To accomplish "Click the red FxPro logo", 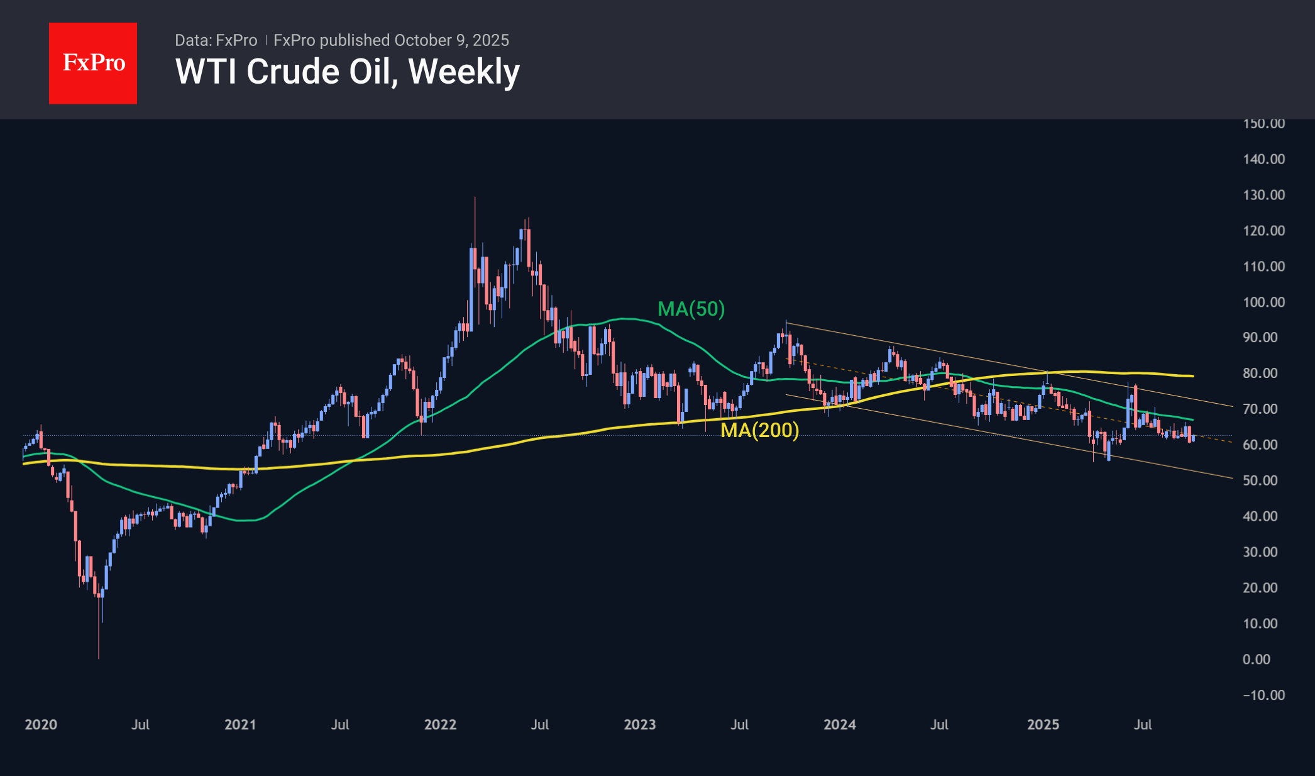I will click(x=93, y=63).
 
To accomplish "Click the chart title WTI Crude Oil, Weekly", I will click(x=348, y=72).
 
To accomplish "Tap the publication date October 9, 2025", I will click(x=451, y=40).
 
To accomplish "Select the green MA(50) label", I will click(x=691, y=309).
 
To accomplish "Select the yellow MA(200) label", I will click(x=759, y=430).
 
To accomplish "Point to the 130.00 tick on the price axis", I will click(x=1263, y=195).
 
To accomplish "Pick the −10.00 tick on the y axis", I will click(x=1263, y=695).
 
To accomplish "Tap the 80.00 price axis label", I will click(x=1260, y=373).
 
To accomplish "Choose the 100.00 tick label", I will click(x=1263, y=302).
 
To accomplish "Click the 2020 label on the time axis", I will click(x=41, y=724).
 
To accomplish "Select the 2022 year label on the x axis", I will click(x=440, y=724).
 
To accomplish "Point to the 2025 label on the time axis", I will click(x=1043, y=724).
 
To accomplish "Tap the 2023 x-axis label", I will click(x=640, y=724).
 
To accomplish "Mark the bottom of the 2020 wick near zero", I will click(x=99, y=658).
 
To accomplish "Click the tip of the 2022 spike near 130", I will click(x=475, y=198).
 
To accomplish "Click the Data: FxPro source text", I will click(x=216, y=40).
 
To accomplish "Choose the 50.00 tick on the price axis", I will click(x=1260, y=480).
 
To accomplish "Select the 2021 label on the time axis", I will click(x=240, y=724).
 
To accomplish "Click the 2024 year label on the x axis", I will click(x=840, y=724).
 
